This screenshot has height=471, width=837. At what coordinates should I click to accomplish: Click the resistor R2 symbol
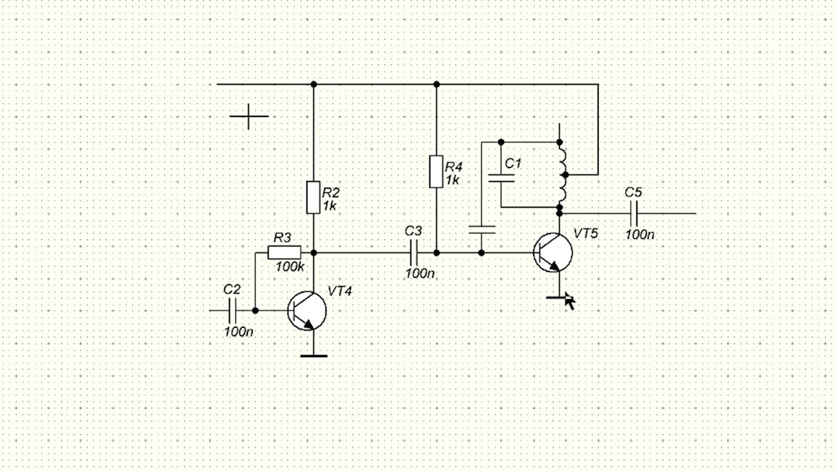coord(313,198)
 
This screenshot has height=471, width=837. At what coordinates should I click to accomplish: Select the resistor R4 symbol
coord(436,171)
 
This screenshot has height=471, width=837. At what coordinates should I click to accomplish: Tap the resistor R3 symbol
coord(284,253)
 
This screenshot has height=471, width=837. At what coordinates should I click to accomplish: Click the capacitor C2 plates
coord(232,311)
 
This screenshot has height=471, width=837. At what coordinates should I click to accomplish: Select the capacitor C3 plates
coord(413,253)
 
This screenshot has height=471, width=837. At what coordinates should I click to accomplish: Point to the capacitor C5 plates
coord(634,214)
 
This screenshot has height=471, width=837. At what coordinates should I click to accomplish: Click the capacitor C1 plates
coord(501,178)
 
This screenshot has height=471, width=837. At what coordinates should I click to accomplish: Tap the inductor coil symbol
coord(563,175)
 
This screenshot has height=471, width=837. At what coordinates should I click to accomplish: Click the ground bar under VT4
coord(314,357)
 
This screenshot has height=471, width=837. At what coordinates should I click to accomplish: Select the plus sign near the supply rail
coord(249,116)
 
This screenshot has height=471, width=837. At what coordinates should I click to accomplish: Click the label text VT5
coord(585,234)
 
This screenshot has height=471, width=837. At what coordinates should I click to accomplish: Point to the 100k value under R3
coord(290,267)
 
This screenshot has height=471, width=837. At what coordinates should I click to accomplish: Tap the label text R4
coord(454,167)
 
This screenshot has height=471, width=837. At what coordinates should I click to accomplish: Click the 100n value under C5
coord(640,235)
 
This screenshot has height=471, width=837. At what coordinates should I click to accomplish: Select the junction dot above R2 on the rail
coord(314,84)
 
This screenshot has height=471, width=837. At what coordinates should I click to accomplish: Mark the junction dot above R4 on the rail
coord(436,84)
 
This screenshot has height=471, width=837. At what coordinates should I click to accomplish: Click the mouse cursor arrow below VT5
coord(570,301)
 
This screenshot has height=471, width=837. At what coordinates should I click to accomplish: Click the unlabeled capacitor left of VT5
coord(482,230)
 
